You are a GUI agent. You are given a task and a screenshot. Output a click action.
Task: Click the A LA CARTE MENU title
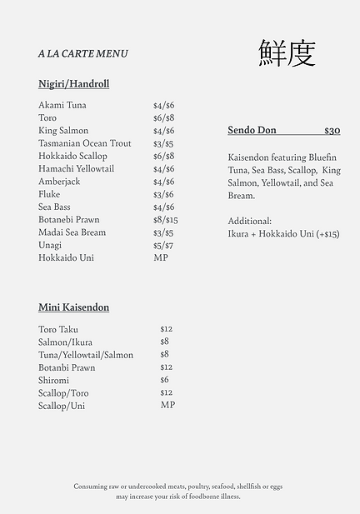(x=82, y=53)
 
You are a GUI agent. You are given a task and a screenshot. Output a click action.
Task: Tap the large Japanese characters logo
(x=287, y=52)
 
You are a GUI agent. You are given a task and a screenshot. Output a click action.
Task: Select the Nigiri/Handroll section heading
(x=73, y=84)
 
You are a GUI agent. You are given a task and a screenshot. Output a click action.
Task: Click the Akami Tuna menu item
(x=62, y=105)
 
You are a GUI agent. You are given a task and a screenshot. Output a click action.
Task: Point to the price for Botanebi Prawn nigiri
(x=165, y=220)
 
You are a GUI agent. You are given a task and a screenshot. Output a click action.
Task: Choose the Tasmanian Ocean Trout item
(x=85, y=143)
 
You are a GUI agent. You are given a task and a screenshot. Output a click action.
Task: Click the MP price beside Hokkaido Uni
(x=161, y=257)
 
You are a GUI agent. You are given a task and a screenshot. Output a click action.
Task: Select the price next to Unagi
(x=163, y=245)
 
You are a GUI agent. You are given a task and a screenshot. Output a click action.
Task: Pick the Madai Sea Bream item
(x=72, y=232)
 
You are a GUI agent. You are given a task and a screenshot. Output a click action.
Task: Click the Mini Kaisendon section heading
(x=73, y=307)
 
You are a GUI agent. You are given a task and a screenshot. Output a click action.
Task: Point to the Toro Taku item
(x=59, y=329)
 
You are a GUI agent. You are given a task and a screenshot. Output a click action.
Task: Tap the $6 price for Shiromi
(x=164, y=380)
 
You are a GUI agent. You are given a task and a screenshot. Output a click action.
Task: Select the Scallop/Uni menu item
(x=62, y=406)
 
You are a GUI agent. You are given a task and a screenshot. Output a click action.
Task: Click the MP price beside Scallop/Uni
(x=167, y=405)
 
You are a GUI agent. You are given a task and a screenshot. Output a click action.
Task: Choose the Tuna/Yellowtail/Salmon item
(x=86, y=355)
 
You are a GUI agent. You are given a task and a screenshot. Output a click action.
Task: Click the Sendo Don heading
(x=252, y=130)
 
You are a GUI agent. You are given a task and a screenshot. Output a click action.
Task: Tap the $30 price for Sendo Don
(x=332, y=130)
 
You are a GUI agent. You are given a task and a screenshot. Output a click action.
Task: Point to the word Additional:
(x=249, y=221)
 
